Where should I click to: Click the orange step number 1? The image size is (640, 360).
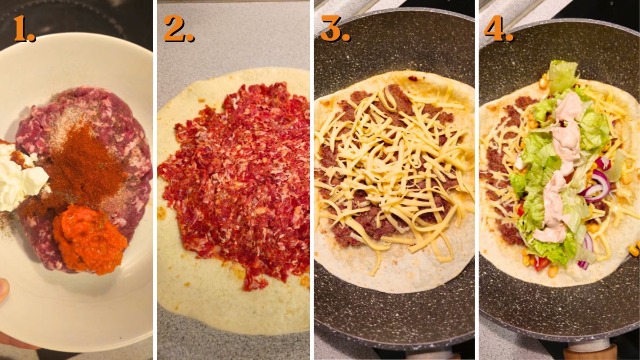coord(23,29)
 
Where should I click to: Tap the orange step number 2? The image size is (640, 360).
coord(178,29)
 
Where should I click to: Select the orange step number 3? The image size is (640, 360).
coord(335,29)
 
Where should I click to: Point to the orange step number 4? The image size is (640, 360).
coord(498,29)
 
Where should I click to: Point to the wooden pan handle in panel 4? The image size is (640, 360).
coord(589,352)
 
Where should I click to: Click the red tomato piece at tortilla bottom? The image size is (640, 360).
coord(541,263)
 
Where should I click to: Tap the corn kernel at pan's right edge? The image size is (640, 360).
coord(634,250)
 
